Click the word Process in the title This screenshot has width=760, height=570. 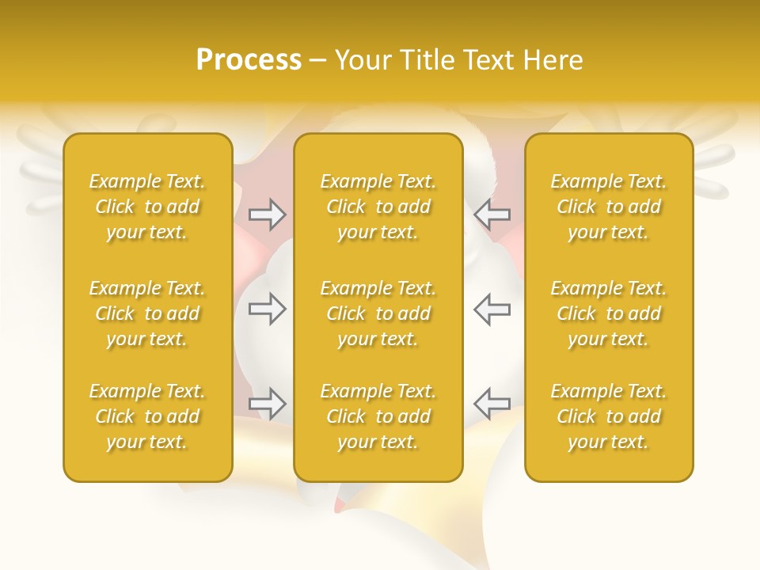(x=249, y=60)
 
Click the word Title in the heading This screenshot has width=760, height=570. (x=426, y=60)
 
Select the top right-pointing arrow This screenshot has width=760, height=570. (x=267, y=214)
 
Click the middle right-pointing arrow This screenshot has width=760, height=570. (x=267, y=309)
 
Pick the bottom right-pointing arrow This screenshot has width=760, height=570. (x=267, y=404)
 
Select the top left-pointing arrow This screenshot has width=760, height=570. (x=492, y=214)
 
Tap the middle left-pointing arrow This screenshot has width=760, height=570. (x=492, y=309)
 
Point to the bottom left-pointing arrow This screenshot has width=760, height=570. (x=492, y=404)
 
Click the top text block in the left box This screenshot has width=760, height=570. (x=147, y=207)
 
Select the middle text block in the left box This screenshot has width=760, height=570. (x=147, y=313)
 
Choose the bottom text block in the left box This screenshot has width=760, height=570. (x=147, y=416)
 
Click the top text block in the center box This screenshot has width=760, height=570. (x=378, y=207)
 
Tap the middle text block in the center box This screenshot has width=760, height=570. (x=378, y=313)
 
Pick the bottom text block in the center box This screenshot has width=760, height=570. (x=378, y=416)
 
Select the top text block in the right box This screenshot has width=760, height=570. (x=609, y=207)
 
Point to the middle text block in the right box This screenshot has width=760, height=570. (x=609, y=313)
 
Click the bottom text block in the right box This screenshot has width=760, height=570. (x=609, y=416)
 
